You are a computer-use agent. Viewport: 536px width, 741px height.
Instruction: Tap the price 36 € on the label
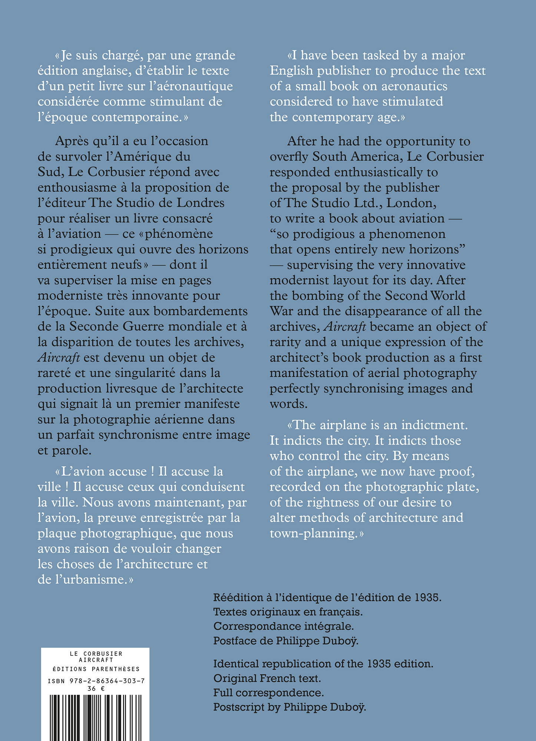point(96,688)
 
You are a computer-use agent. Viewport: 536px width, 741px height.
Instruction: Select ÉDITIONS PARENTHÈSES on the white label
point(96,669)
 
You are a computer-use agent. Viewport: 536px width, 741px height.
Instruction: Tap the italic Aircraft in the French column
point(59,358)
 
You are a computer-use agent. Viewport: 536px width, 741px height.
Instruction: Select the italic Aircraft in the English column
point(345,327)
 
